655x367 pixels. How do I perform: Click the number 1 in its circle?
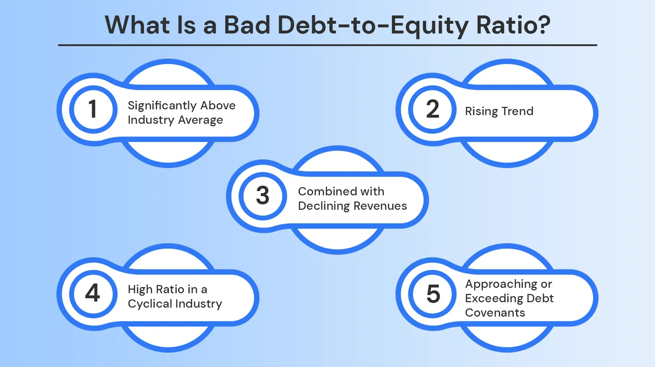93,109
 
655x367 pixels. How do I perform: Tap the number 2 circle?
433,109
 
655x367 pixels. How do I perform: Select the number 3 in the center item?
263,196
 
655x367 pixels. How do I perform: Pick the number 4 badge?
93,293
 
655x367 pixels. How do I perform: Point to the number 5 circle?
433,294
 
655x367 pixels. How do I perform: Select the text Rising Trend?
499,111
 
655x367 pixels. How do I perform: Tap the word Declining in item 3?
324,206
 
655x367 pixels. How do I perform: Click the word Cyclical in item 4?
150,304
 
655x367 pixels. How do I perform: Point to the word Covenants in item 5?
495,313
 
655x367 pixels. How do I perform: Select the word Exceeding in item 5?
494,298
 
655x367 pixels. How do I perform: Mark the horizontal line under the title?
327,45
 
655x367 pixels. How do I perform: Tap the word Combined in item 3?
327,191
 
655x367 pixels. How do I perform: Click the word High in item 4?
140,289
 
